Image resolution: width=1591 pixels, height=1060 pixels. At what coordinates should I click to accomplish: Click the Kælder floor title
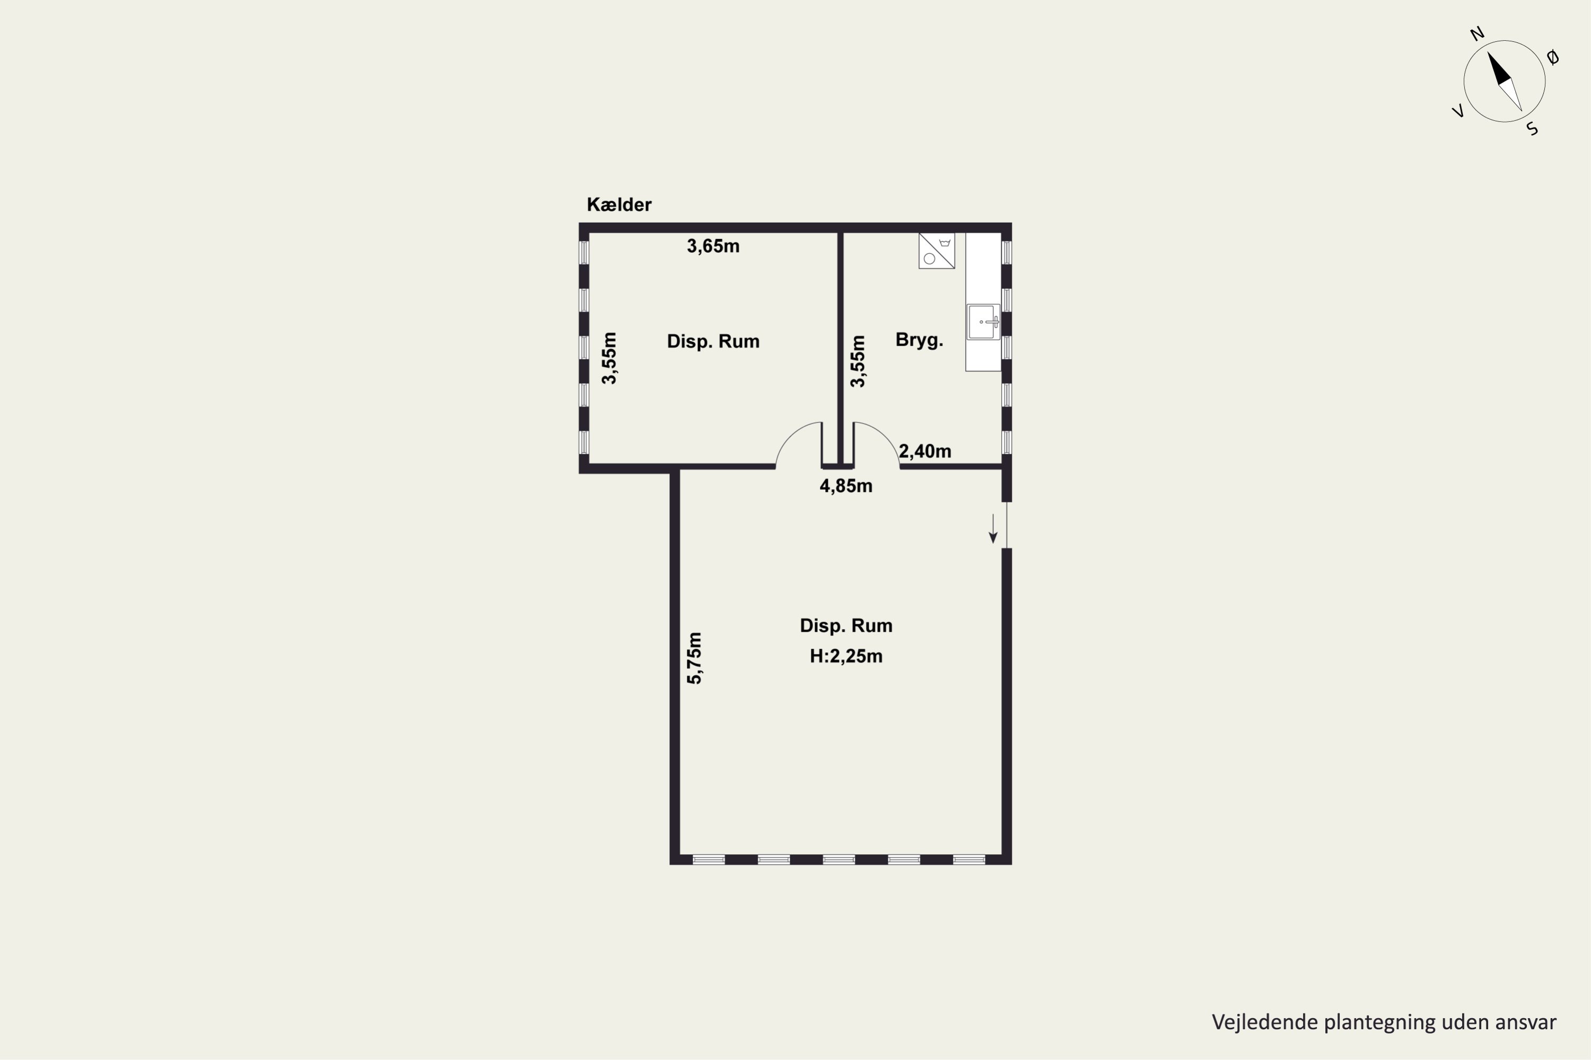(x=619, y=204)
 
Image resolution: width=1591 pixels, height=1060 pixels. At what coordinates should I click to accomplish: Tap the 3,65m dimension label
(x=713, y=246)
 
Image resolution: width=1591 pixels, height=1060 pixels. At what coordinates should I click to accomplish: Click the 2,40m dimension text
(x=925, y=451)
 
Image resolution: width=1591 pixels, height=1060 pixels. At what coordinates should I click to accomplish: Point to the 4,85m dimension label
(x=845, y=486)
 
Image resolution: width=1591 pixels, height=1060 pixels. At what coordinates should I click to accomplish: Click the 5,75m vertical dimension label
(x=695, y=658)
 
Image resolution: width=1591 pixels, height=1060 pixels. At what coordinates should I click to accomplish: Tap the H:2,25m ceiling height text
(x=846, y=656)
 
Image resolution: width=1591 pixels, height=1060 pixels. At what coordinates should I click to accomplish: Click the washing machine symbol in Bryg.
(x=936, y=251)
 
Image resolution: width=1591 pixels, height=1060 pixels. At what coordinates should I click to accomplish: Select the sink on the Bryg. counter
(x=983, y=322)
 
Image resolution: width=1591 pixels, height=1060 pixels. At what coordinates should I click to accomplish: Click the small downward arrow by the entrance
(x=993, y=528)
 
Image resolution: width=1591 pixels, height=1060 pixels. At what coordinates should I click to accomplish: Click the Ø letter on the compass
(x=1553, y=57)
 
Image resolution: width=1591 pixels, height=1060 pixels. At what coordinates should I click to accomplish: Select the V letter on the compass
(x=1458, y=111)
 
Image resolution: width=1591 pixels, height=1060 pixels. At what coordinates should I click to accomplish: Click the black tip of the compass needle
(x=1488, y=52)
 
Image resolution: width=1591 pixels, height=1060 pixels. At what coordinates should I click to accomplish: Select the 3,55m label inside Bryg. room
(x=857, y=361)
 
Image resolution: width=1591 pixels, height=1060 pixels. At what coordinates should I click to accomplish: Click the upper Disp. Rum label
(x=713, y=341)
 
